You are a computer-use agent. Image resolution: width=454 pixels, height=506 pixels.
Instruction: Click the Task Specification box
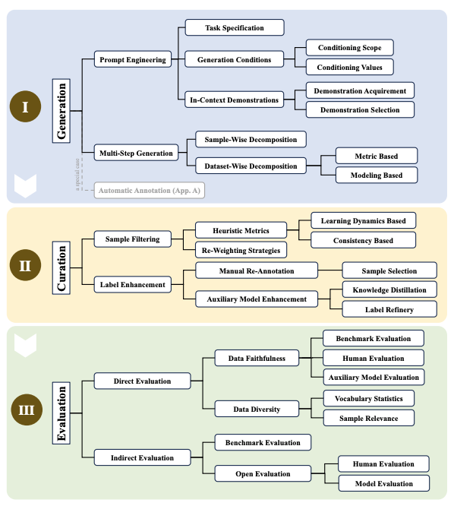(x=235, y=28)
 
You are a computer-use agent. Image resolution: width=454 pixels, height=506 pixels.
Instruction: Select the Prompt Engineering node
(x=133, y=59)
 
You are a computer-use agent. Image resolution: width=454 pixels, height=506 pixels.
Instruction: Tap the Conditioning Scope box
(x=350, y=48)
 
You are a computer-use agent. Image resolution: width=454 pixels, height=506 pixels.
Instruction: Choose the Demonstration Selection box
(x=360, y=109)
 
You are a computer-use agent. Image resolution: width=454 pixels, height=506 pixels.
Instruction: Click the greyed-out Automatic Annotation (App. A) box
(x=150, y=190)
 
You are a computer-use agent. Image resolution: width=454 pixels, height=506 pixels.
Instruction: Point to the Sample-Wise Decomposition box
(x=251, y=139)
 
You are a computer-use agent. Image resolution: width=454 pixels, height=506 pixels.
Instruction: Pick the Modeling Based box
(x=377, y=175)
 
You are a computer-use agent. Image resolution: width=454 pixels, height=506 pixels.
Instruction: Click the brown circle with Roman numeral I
(x=25, y=107)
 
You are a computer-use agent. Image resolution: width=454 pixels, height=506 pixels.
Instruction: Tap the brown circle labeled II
(x=25, y=266)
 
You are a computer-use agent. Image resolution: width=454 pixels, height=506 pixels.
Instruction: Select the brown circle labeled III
(x=25, y=411)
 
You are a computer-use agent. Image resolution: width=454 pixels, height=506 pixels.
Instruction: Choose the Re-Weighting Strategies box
(x=240, y=250)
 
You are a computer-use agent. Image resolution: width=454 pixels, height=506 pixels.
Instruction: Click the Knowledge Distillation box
(x=389, y=289)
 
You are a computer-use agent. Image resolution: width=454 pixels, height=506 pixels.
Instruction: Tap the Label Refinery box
(x=389, y=308)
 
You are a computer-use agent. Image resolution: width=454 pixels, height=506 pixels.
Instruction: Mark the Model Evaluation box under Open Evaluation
(x=383, y=483)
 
